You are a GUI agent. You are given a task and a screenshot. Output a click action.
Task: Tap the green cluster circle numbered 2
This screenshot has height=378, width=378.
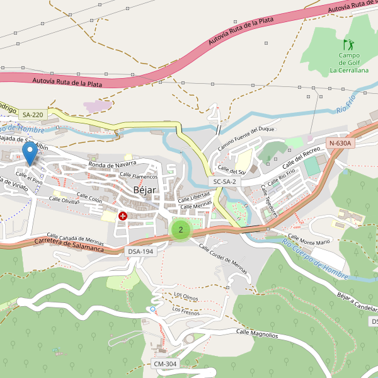pos(181,229)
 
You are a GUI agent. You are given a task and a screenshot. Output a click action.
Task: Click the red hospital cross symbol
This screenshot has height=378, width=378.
pos(122,216)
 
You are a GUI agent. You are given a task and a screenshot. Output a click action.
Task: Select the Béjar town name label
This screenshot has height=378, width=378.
pos(144,190)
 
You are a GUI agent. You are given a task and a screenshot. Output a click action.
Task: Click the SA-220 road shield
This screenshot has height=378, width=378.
pos(33,115)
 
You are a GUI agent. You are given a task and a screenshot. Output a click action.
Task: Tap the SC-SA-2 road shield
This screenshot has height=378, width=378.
pos(225,181)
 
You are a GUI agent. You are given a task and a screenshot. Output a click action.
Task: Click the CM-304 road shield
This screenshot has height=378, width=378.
pos(165,364)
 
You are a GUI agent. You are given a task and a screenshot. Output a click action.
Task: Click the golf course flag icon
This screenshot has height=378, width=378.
pos(348,45)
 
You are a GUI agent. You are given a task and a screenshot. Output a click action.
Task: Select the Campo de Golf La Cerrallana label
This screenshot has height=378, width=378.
pos(349,63)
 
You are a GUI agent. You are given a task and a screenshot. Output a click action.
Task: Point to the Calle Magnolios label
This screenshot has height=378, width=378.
pos(256,333)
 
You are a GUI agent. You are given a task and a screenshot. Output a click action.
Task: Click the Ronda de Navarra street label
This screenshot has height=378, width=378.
pos(113,164)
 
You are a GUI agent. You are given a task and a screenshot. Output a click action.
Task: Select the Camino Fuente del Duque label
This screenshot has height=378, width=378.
pos(247,139)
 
